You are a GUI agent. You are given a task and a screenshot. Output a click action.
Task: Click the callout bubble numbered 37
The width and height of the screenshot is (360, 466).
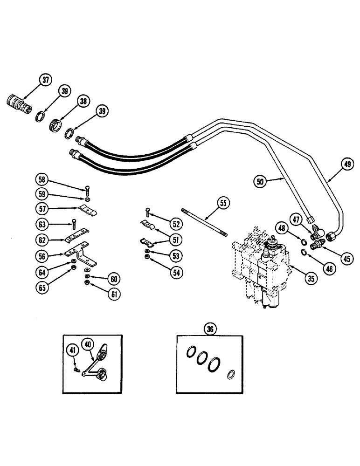(x=45, y=80)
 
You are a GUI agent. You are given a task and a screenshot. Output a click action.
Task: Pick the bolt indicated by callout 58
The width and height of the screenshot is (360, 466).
(x=87, y=190)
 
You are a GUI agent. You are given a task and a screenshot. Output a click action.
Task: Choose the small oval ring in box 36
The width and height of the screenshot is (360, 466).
(x=230, y=375)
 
